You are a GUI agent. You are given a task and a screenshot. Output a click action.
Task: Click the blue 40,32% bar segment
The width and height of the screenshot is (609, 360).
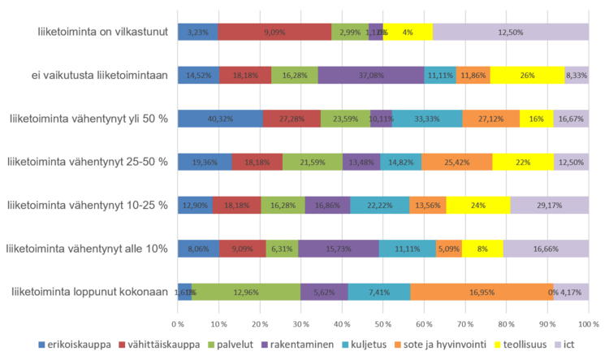[x=220, y=119]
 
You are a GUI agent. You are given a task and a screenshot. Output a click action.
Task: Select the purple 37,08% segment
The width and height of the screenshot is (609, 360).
[x=370, y=76]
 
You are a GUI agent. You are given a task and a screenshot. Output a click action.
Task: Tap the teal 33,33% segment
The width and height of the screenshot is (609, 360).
[x=427, y=119]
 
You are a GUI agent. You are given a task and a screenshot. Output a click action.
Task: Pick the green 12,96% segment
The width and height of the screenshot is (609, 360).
[x=245, y=292]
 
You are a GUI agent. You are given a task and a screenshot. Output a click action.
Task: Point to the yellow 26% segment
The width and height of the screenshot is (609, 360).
[x=527, y=76]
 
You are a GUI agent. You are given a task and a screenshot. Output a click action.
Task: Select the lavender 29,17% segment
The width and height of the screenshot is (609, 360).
[x=550, y=205]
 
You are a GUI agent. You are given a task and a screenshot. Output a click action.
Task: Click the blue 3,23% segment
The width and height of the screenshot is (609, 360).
[x=197, y=33]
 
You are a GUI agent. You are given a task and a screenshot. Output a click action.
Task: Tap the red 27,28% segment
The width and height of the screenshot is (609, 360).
[x=292, y=119]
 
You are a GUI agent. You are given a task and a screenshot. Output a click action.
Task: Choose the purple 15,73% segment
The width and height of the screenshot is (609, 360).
[x=338, y=249]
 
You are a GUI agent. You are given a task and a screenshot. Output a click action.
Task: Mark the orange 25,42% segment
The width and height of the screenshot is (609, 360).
[x=457, y=162]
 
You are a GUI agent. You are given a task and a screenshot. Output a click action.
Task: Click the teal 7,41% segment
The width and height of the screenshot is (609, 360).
[x=379, y=292]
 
